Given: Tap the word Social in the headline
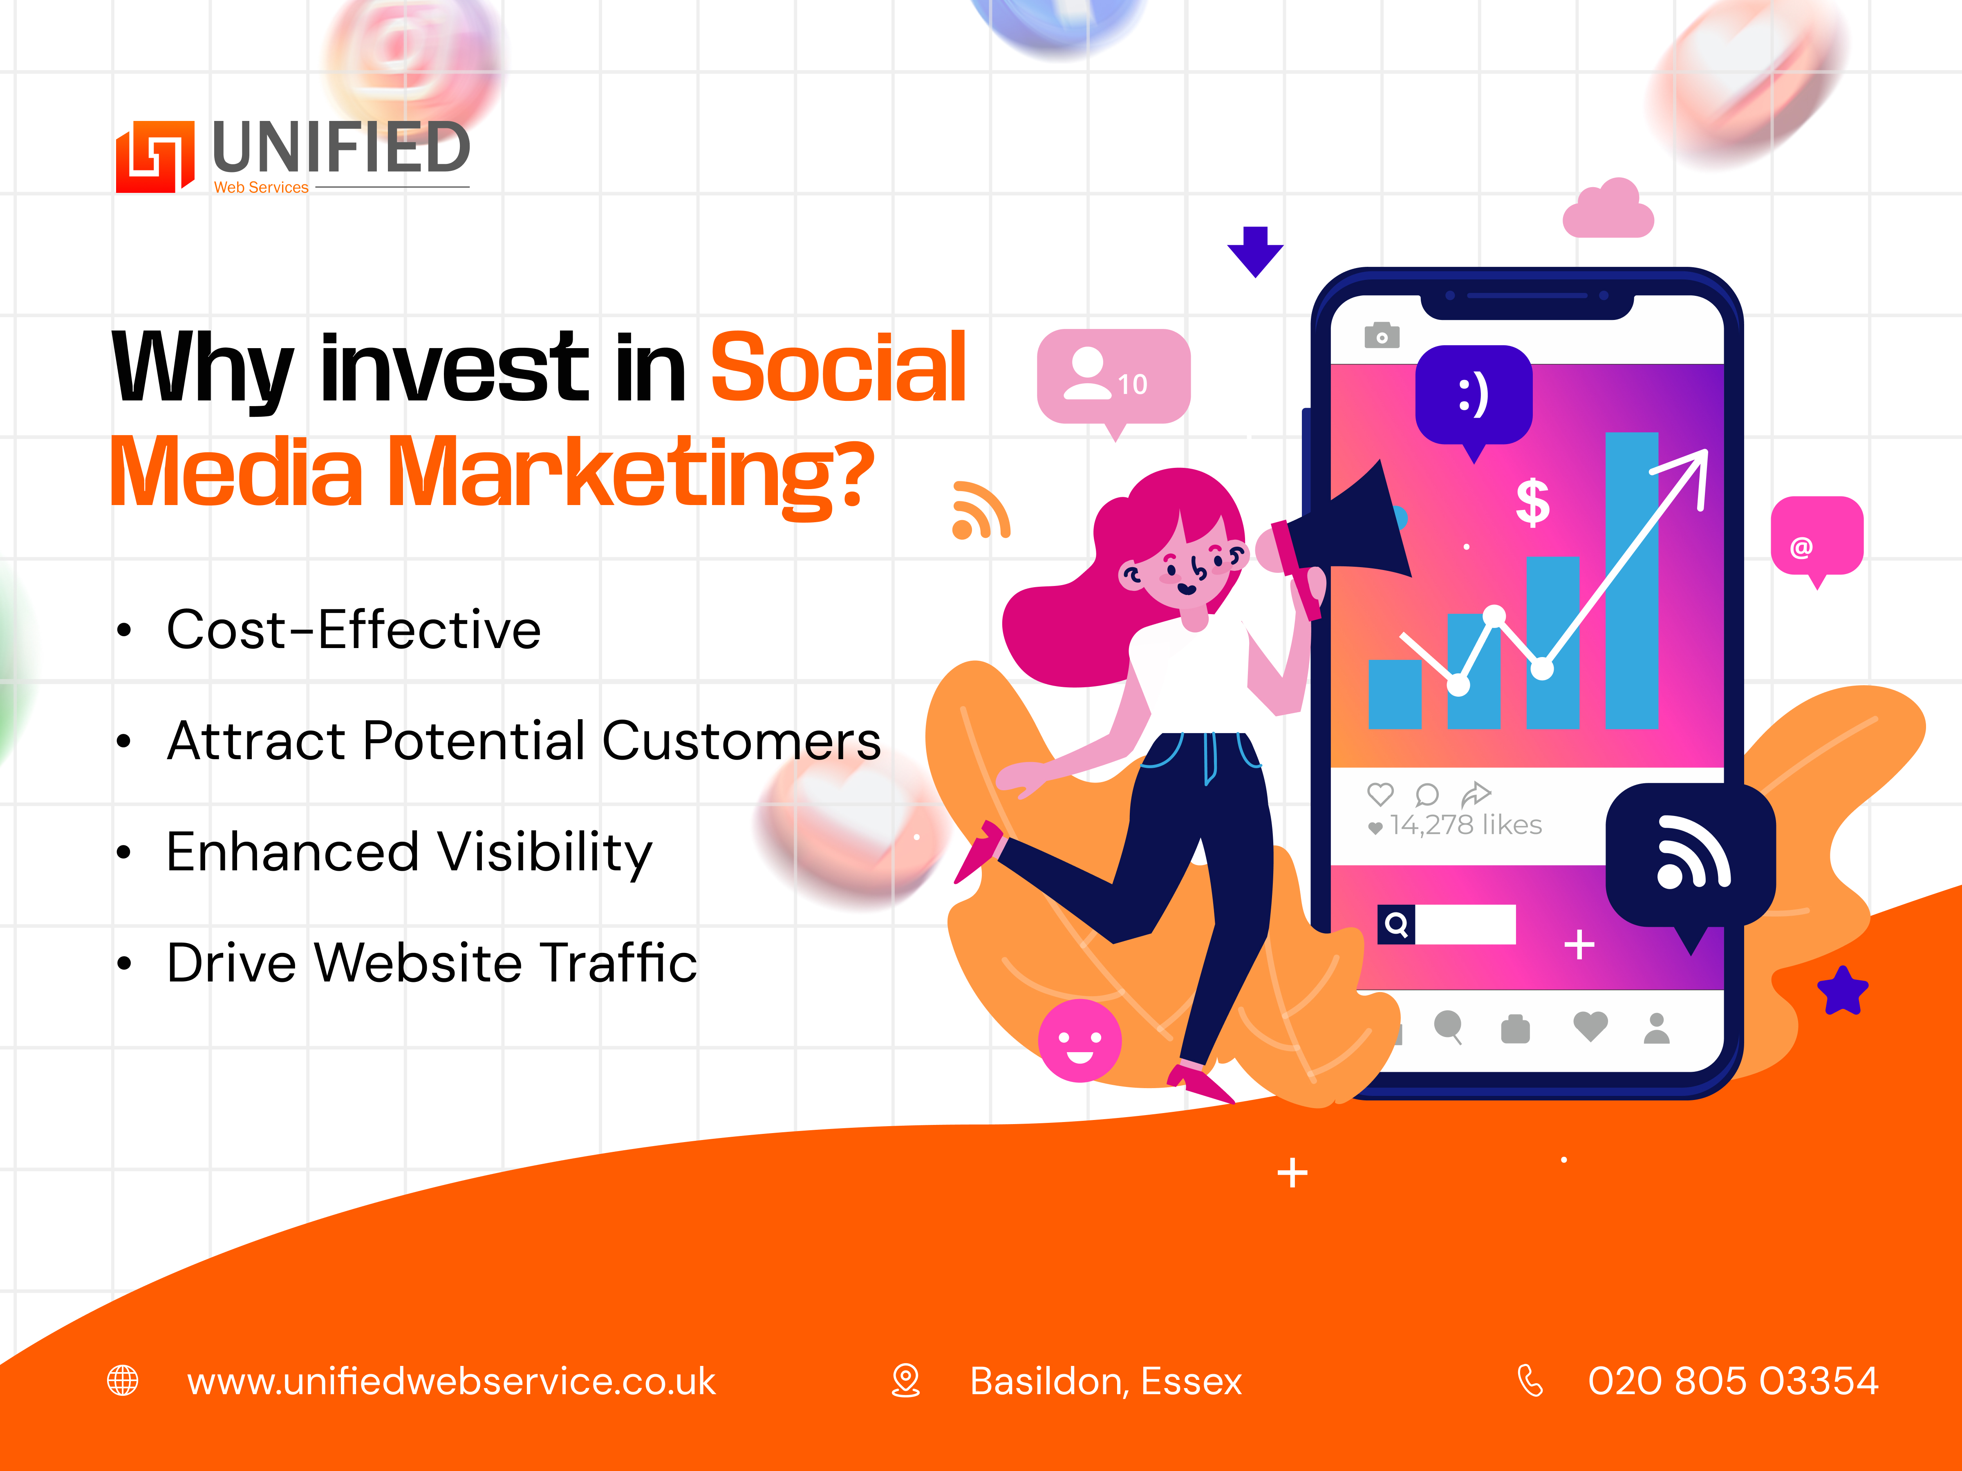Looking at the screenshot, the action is pyautogui.click(x=838, y=367).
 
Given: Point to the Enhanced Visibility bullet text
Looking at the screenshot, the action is pyautogui.click(x=409, y=853).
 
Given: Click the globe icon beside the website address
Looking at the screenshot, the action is pyautogui.click(x=122, y=1381).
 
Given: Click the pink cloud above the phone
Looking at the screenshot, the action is pyautogui.click(x=1608, y=209).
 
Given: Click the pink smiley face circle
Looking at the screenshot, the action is pyautogui.click(x=1080, y=1040).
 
